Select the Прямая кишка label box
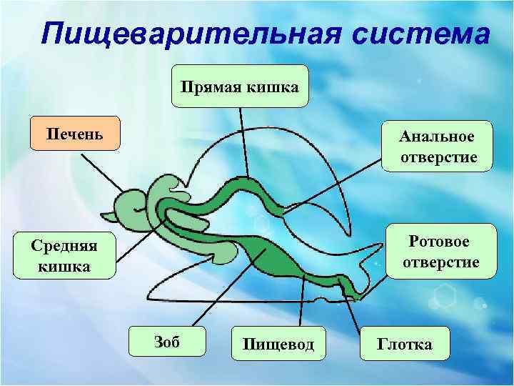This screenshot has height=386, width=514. (240, 86)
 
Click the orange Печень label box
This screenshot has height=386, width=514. (75, 134)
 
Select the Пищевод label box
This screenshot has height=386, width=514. (278, 345)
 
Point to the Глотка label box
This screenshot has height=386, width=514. (405, 345)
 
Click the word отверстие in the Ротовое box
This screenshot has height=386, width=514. (440, 262)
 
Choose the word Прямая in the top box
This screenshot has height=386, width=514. (211, 86)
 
